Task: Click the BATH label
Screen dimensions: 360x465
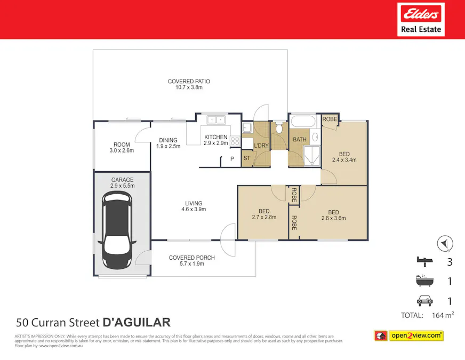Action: [300, 140]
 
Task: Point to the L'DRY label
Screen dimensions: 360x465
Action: [261, 146]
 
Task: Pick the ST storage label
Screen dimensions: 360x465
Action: [247, 158]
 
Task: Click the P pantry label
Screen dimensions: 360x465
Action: [232, 158]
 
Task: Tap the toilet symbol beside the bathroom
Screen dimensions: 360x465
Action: [279, 128]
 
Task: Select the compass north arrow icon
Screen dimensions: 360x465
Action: [445, 243]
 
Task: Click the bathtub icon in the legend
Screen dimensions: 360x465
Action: [424, 281]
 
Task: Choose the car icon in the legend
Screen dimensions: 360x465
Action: [424, 301]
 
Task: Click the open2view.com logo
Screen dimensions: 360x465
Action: [408, 335]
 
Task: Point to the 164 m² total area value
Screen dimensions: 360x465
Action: [442, 315]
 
